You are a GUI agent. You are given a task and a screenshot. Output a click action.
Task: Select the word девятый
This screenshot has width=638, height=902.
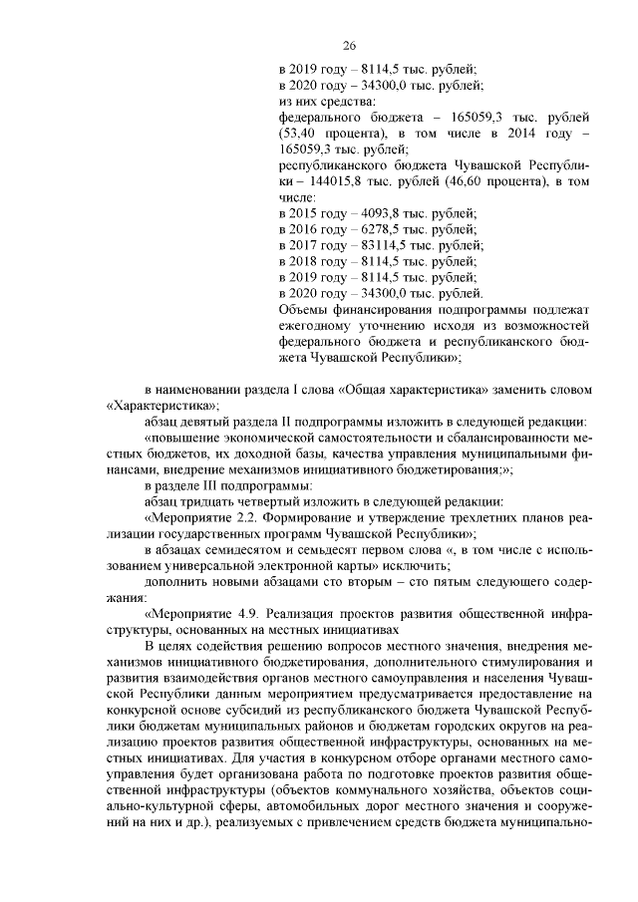click(x=206, y=421)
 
